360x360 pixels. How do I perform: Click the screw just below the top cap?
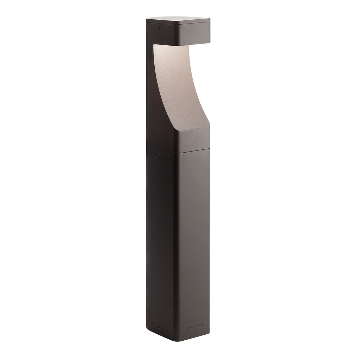159,28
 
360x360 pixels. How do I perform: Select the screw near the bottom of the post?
159,329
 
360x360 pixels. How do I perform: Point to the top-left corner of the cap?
147,19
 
